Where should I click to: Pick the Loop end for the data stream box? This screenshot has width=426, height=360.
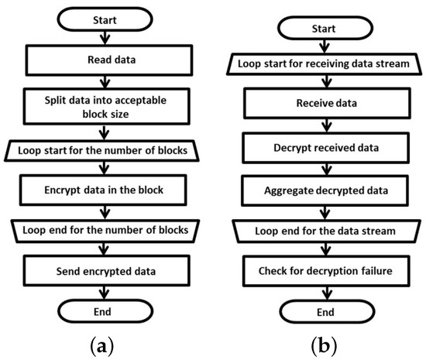coord(318,229)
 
